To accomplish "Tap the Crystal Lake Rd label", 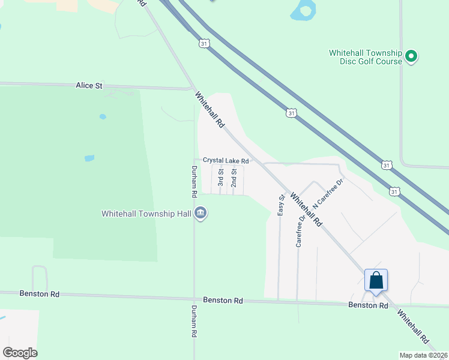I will click(226, 161).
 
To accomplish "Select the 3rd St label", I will click(221, 178).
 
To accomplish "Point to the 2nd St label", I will click(234, 178).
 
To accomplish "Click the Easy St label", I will click(280, 205).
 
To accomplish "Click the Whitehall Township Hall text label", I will click(146, 214).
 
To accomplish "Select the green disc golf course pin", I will click(411, 57).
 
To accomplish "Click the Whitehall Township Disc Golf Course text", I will click(366, 57).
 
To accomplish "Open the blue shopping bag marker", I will click(376, 280).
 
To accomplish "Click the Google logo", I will click(20, 353).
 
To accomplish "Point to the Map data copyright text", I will click(424, 355).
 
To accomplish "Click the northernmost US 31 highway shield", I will click(205, 44).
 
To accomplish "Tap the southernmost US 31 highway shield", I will click(394, 191).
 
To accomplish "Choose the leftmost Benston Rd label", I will click(40, 294).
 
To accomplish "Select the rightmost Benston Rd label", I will click(368, 305).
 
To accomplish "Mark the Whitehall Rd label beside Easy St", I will click(306, 209).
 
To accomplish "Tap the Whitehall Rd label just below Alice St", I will click(209, 109).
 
